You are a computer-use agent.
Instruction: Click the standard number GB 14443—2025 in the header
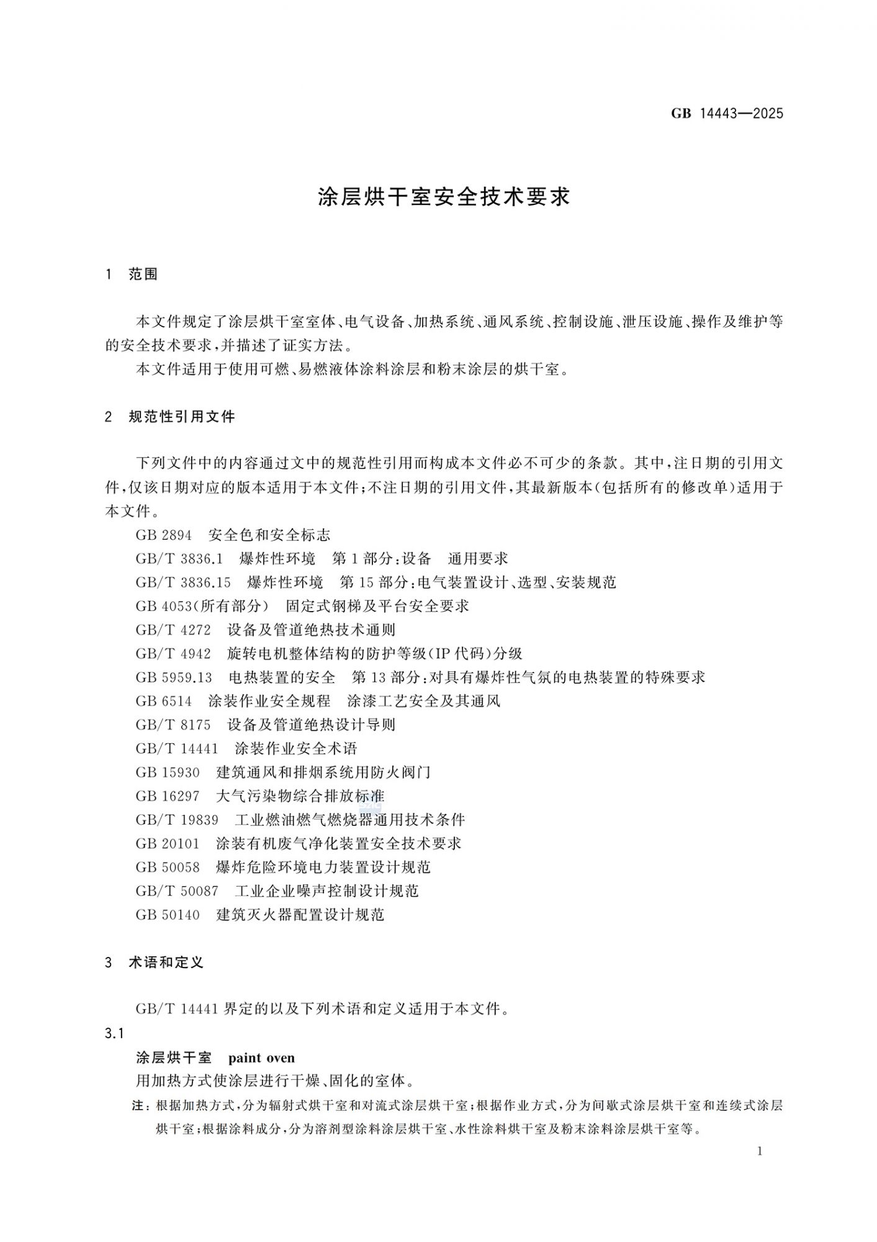point(727,114)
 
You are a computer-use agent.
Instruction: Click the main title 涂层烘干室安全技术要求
point(444,197)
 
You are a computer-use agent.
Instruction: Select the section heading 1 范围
point(132,274)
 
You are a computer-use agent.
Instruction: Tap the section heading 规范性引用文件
point(181,417)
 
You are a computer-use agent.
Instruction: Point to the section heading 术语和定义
point(166,963)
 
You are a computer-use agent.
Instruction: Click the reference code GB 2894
point(164,535)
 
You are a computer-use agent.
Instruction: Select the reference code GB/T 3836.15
point(183,582)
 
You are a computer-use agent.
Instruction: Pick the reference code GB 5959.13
point(174,677)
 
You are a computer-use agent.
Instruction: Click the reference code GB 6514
point(164,701)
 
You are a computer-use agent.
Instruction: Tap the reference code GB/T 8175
point(173,725)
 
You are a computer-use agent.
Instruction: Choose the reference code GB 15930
point(168,773)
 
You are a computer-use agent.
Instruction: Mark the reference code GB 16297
point(168,796)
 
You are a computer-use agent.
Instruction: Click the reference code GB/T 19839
point(177,820)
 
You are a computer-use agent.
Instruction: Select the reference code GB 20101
point(168,843)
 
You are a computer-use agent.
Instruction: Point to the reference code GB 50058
point(168,867)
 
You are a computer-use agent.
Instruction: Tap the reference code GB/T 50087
point(177,891)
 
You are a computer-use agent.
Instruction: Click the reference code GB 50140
point(168,915)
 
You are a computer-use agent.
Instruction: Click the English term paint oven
point(261,1058)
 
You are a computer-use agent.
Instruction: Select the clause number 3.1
point(115,1033)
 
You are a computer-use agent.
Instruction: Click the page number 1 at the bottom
point(760,1151)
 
